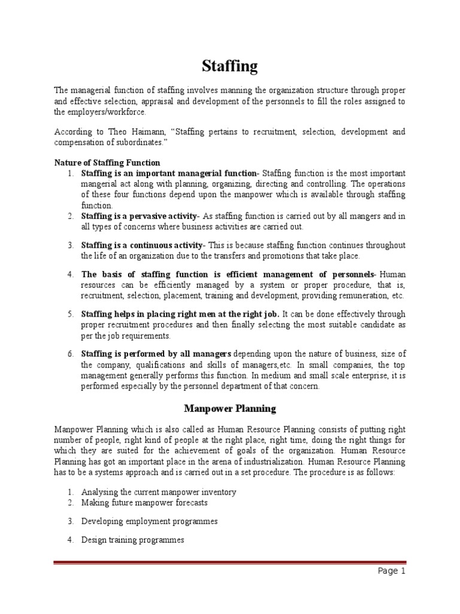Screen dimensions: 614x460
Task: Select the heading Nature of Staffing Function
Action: point(107,162)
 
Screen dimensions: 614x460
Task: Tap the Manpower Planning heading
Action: point(229,409)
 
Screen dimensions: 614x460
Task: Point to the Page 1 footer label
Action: point(392,571)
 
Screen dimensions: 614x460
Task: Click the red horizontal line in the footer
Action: point(229,562)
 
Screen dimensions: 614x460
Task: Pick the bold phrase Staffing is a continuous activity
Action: point(143,245)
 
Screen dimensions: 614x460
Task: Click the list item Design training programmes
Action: point(132,540)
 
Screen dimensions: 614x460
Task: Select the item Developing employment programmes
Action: point(149,521)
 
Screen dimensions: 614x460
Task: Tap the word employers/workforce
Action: point(107,112)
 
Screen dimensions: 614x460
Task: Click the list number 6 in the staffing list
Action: point(70,354)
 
